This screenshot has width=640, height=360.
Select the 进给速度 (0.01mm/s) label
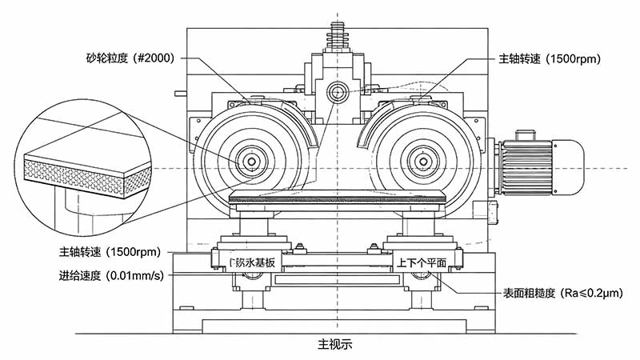(x=110, y=276)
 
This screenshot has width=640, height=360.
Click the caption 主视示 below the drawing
(x=335, y=345)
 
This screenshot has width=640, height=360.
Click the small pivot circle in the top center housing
(x=338, y=94)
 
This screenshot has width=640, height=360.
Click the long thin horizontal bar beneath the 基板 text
(x=335, y=280)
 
